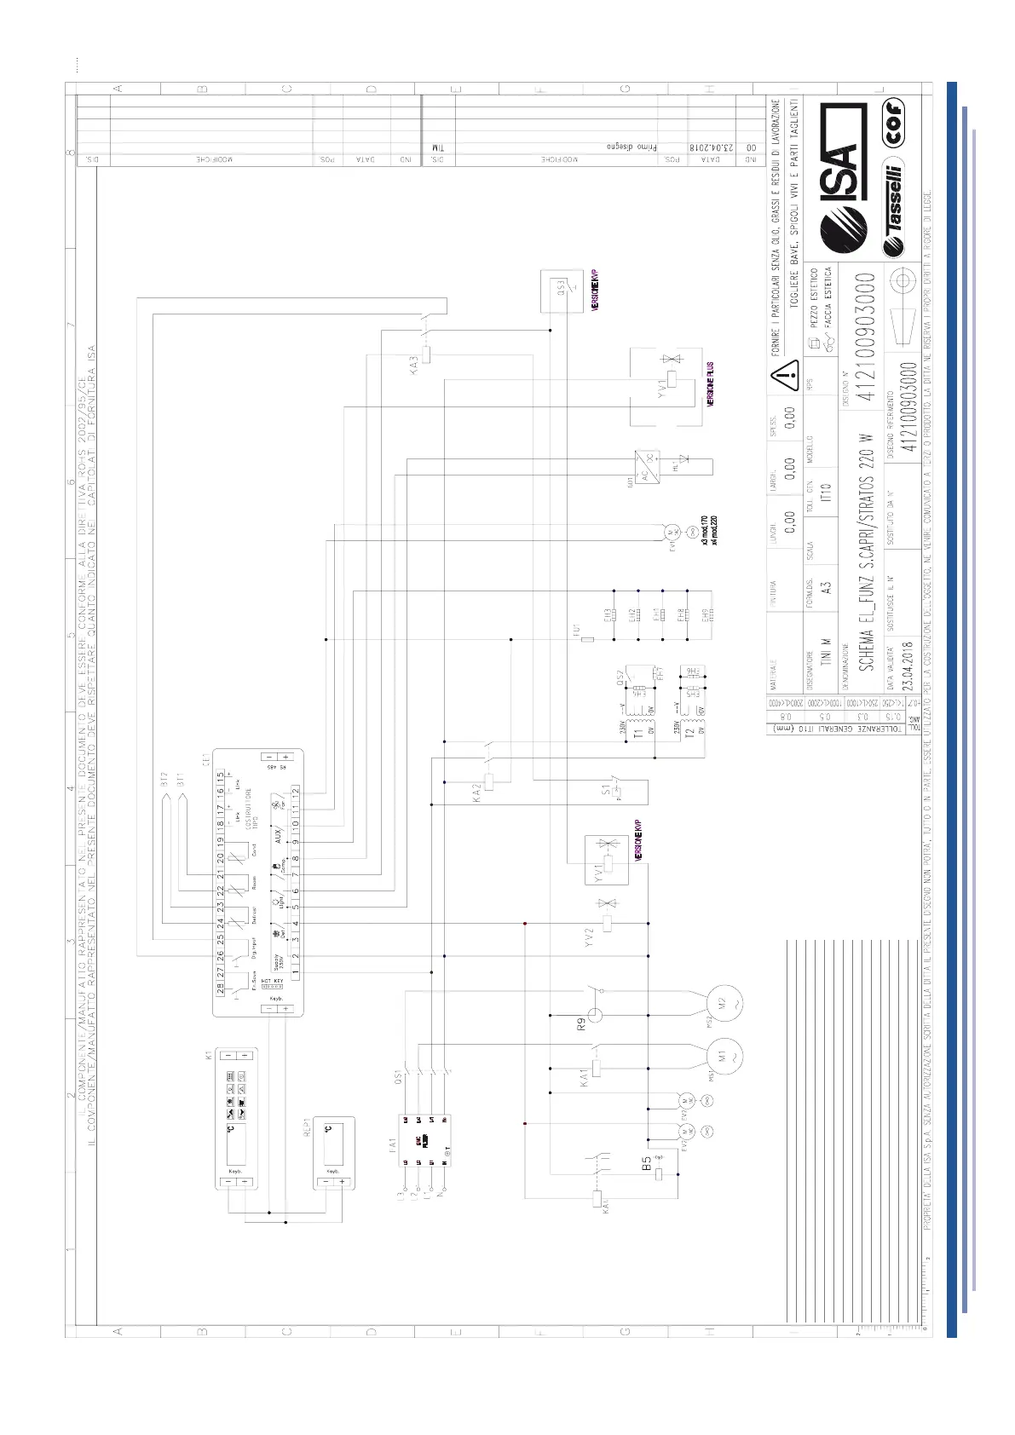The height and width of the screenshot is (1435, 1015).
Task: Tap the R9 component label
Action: click(x=581, y=1023)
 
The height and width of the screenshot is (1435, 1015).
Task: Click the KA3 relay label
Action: click(x=414, y=365)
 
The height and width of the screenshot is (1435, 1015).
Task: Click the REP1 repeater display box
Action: click(x=333, y=1151)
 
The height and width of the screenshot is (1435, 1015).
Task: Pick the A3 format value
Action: click(x=825, y=587)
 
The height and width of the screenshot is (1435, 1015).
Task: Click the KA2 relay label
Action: click(x=477, y=793)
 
